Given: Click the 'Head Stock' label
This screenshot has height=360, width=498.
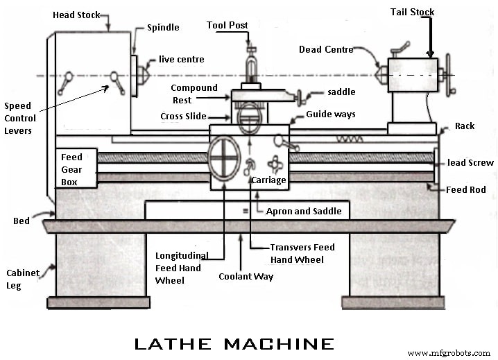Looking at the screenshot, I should [77, 15].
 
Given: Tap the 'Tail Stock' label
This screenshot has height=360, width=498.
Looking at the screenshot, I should [412, 11].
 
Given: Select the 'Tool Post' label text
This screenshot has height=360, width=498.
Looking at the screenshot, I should [227, 26].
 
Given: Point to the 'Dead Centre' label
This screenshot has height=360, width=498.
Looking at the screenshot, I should [326, 50].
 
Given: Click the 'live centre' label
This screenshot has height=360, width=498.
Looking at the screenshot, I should [180, 59].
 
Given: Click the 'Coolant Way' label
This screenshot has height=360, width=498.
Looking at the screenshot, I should [246, 276].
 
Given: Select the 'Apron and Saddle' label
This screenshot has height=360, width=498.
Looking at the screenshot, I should [304, 211].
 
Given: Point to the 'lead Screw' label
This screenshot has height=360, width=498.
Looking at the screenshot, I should [470, 163].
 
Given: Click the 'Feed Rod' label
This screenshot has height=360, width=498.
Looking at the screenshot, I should [465, 189].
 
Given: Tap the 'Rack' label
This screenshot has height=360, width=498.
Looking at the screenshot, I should [465, 126].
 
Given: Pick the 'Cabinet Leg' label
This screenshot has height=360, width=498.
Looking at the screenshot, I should [22, 279].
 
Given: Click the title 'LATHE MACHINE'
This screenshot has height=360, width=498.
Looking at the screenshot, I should [234, 343].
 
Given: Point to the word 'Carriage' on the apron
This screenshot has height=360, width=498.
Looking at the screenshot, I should [268, 180].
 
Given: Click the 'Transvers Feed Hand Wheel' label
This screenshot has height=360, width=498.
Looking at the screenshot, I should [302, 253].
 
